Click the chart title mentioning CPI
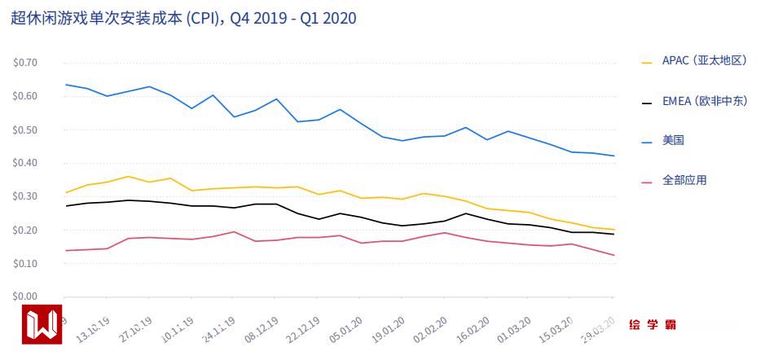tap(183, 18)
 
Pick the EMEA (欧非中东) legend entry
tap(704, 102)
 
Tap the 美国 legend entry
tap(673, 141)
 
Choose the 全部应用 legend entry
tap(684, 180)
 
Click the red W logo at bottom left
tap(43, 324)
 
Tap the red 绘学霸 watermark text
tap(653, 324)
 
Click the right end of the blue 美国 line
tap(614, 156)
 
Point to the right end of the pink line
tap(614, 255)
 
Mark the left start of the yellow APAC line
tap(65, 193)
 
